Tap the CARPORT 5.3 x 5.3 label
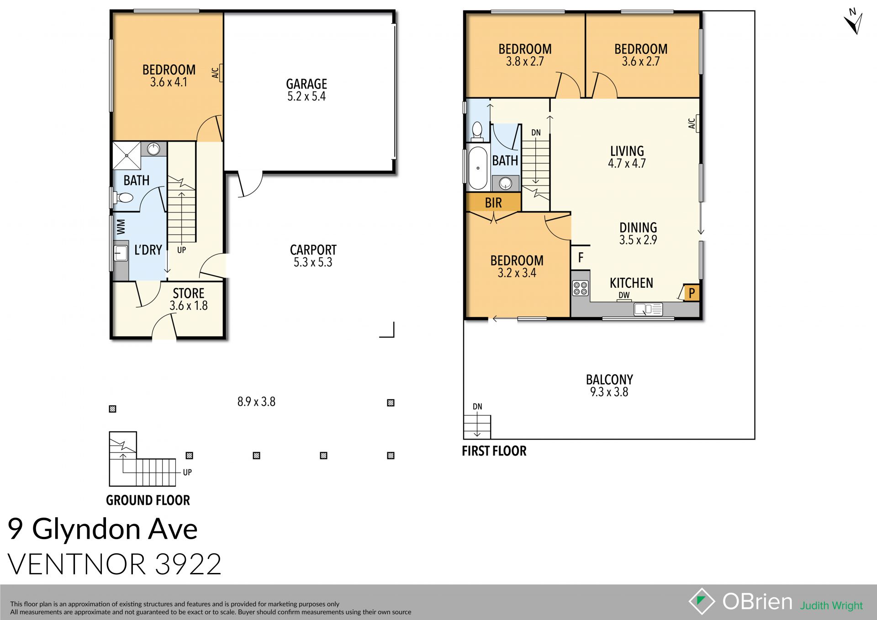313,256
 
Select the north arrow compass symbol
853,22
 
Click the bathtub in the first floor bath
478,168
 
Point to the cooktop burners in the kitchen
581,288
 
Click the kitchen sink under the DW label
648,310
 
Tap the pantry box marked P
692,293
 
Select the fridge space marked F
581,258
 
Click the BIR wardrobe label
493,203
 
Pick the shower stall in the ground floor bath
127,155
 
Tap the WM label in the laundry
121,227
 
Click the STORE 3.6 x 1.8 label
188,299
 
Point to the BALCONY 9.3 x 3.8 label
609,386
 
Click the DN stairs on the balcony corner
477,426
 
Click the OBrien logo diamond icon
702,601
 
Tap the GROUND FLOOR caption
148,500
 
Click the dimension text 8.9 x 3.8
256,402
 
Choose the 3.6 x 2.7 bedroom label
640,55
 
